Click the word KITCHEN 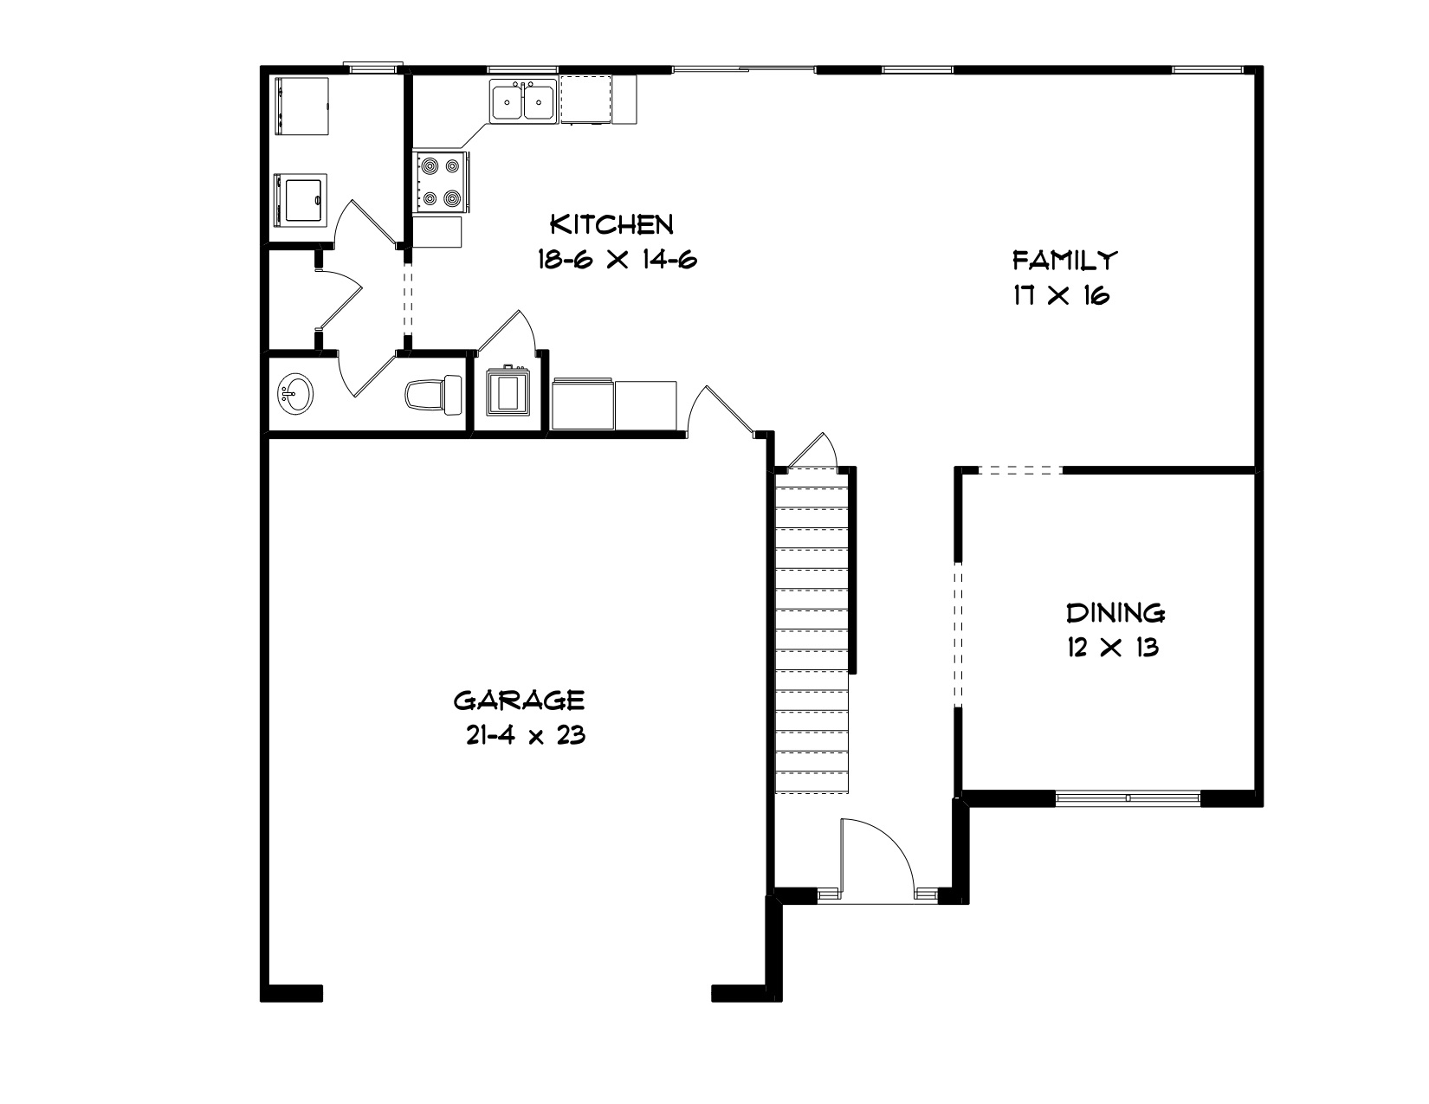click(611, 224)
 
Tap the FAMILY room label click(1064, 261)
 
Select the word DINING click(1115, 613)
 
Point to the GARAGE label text click(519, 700)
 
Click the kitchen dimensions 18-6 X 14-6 click(617, 259)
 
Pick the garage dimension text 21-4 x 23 click(526, 735)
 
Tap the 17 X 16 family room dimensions click(1062, 295)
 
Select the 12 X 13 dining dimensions click(1113, 648)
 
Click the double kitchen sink click(523, 100)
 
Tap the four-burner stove click(441, 182)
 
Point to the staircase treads click(811, 630)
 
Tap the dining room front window click(1128, 798)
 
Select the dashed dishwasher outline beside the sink click(586, 100)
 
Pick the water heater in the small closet click(508, 391)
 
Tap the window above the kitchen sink click(523, 69)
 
